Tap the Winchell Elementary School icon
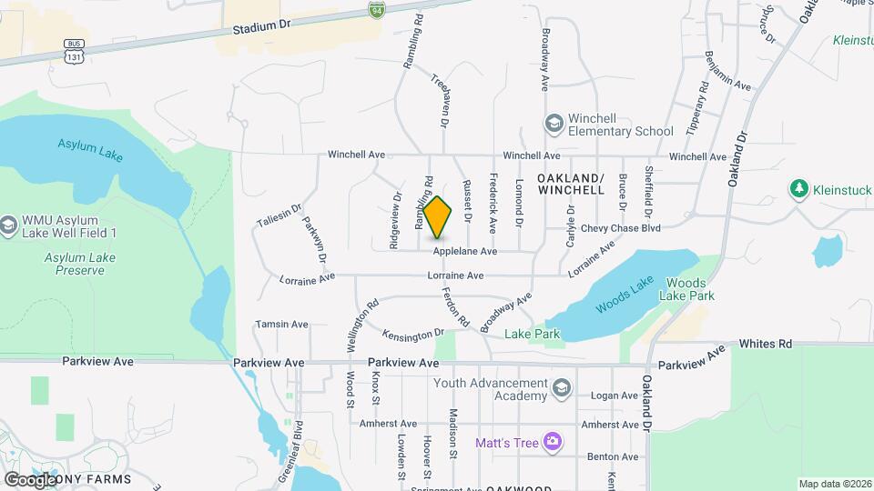554,123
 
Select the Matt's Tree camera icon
552,443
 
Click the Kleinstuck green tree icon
799,188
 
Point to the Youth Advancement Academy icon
562,390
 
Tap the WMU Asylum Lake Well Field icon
9,225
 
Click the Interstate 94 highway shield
377,10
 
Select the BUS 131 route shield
74,51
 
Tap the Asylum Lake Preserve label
80,264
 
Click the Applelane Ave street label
464,251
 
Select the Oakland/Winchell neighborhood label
571,185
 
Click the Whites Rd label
766,344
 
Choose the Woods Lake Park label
690,290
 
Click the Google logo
30,479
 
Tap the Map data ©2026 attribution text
834,484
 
